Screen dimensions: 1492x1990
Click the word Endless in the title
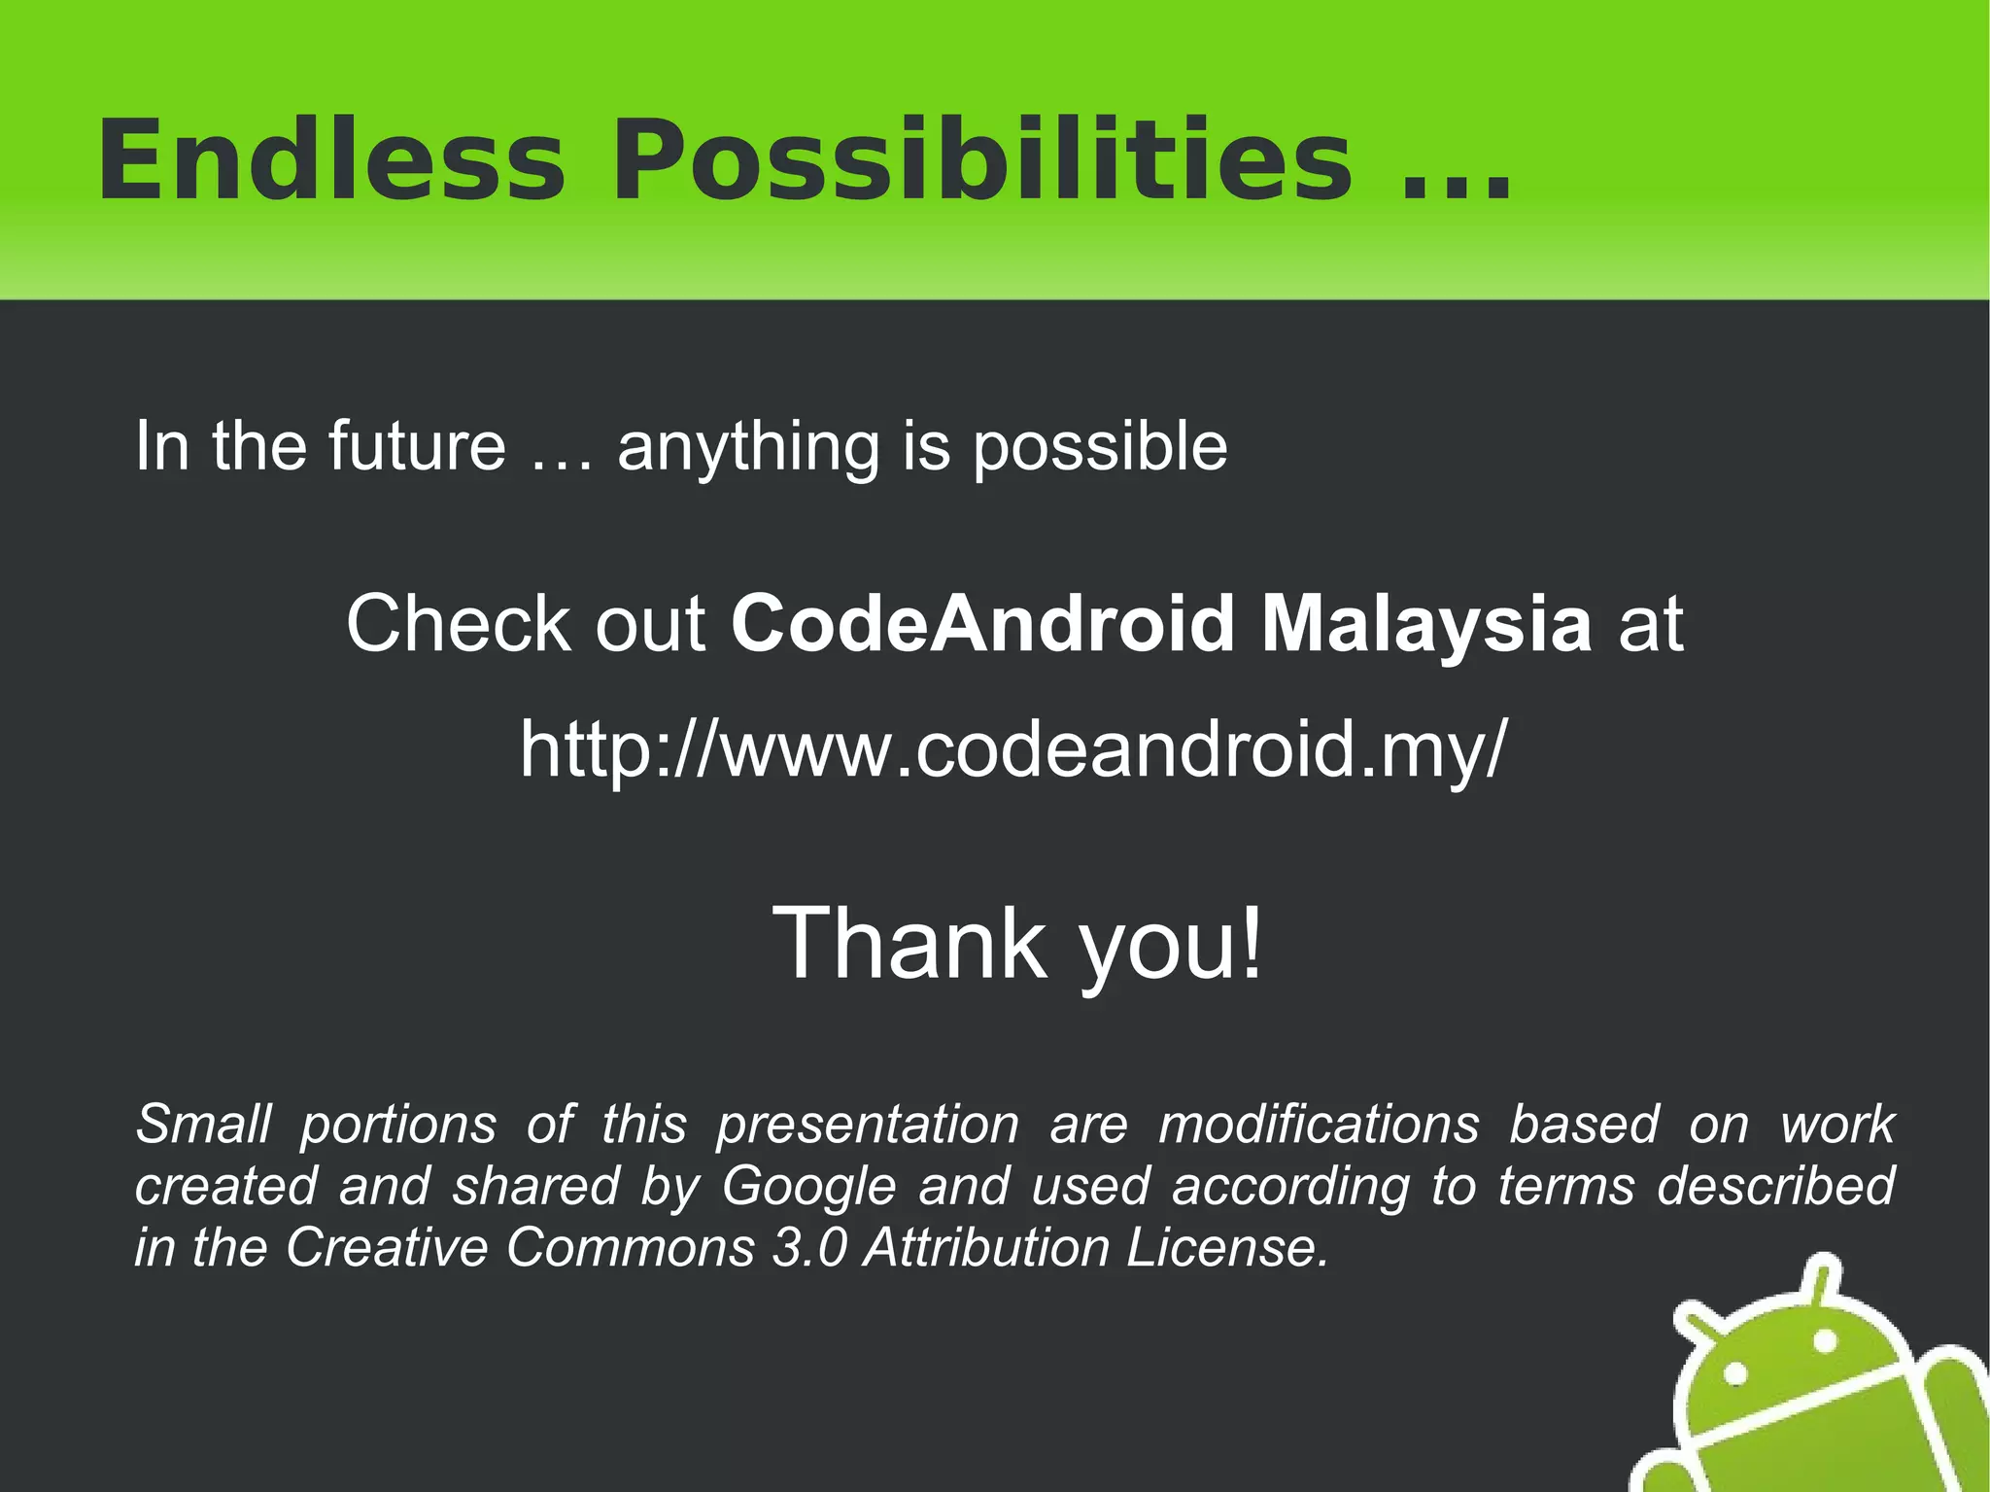[330, 160]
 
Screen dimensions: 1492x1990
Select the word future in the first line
[417, 446]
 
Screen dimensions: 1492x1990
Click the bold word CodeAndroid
[981, 623]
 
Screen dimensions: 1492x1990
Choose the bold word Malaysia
[1426, 625]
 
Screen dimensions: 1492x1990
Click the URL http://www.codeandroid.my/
[1013, 749]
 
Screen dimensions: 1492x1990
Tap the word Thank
[909, 943]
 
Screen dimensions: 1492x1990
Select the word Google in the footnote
[808, 1187]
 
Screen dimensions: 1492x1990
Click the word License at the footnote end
[1226, 1247]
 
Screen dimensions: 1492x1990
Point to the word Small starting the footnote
[203, 1125]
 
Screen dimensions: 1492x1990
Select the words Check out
[525, 623]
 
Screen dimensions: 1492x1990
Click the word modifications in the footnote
[1319, 1125]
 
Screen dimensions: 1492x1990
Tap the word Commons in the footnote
[630, 1247]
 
